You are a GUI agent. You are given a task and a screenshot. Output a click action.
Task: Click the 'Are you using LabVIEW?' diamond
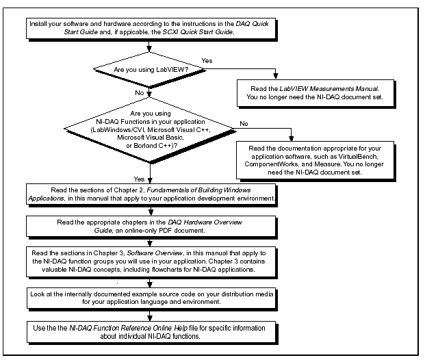[x=149, y=69]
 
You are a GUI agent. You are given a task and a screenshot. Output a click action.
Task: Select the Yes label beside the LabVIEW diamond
[x=207, y=61]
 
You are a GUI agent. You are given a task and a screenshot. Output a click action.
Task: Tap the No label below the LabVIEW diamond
[x=140, y=93]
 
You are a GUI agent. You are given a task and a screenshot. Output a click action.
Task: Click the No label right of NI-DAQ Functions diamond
[x=244, y=124]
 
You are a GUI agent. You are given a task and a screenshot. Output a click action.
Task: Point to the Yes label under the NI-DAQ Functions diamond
[x=139, y=179]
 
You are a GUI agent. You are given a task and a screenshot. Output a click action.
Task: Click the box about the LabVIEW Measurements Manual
[x=315, y=93]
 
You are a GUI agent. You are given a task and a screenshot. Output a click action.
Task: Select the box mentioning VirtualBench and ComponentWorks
[x=315, y=160]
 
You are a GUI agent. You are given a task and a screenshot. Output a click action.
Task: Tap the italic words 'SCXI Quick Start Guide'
[x=198, y=32]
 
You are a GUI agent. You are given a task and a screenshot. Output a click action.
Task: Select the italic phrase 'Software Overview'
[x=155, y=253]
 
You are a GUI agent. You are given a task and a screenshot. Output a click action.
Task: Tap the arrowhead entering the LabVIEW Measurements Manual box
[x=275, y=76]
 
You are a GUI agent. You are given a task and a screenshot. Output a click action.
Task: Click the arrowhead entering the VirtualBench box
[x=291, y=138]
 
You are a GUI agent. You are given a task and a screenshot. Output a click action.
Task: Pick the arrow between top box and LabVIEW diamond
[x=149, y=46]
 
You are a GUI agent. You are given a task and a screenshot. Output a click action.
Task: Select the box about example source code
[x=152, y=299]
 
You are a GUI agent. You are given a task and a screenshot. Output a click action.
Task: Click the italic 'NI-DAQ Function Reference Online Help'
[x=129, y=328]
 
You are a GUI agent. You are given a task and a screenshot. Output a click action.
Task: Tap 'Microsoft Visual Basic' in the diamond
[x=151, y=138]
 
